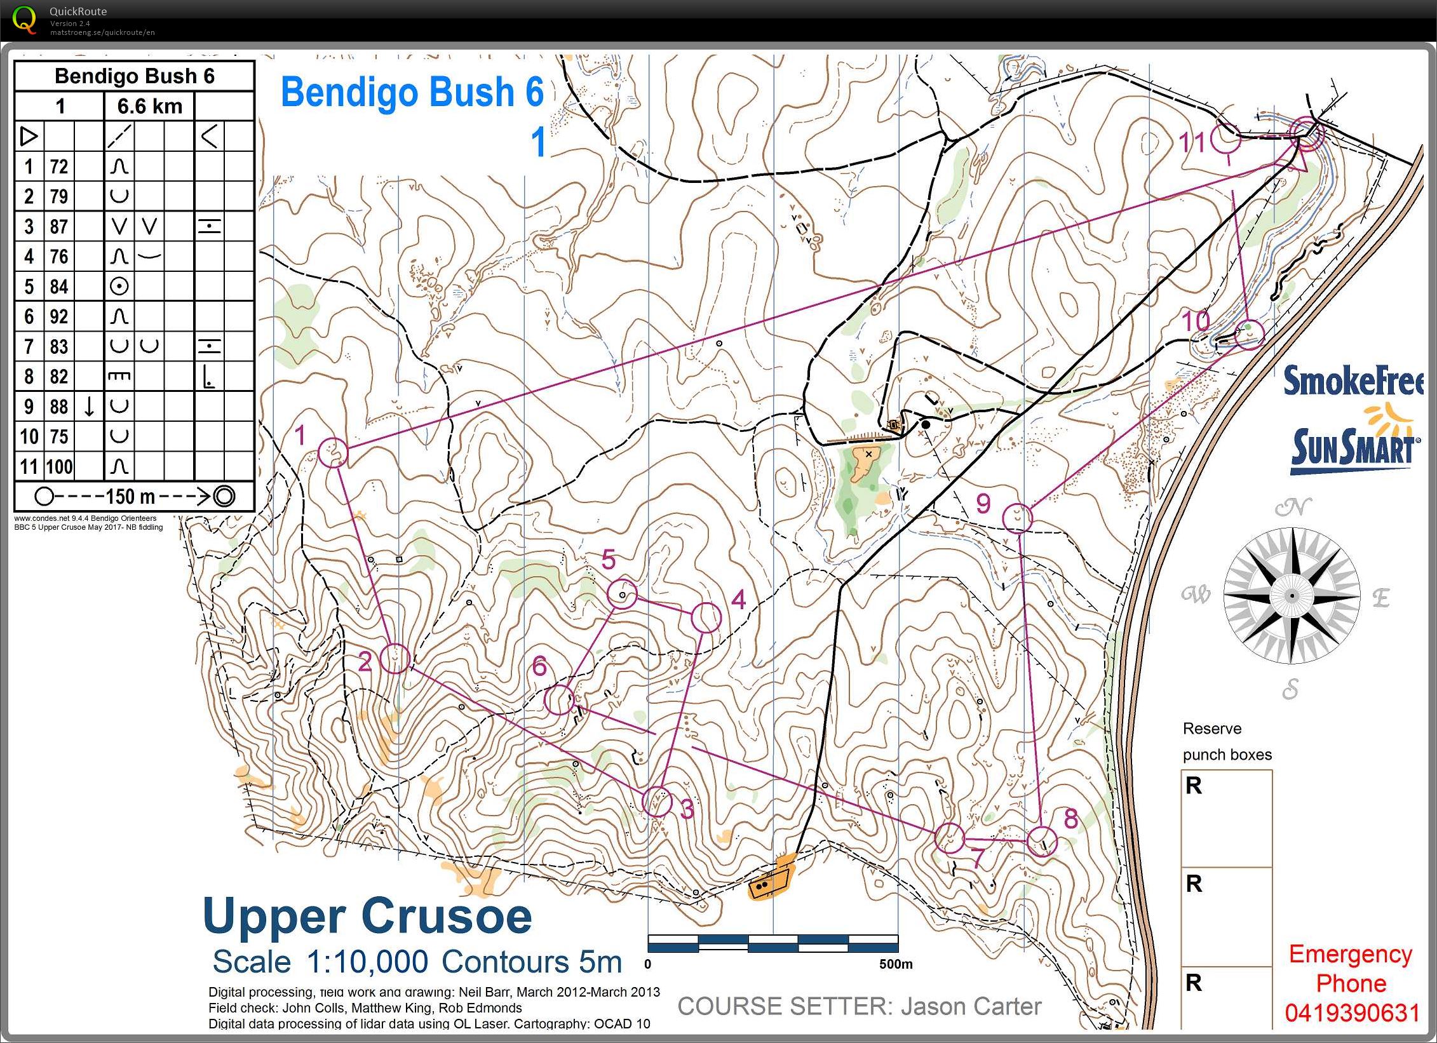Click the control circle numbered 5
[x=622, y=594]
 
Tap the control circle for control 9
[x=1017, y=517]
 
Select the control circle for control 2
[x=395, y=658]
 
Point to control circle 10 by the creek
[x=1249, y=333]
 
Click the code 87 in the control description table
[x=58, y=227]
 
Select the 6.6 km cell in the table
[x=149, y=106]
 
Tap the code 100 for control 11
[x=59, y=467]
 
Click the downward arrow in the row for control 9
[x=90, y=407]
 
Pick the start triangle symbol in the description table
[x=29, y=137]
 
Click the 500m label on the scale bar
[x=895, y=964]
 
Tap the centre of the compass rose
[x=1291, y=596]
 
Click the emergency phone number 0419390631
[x=1352, y=1013]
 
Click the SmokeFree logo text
[x=1353, y=381]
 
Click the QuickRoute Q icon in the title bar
[x=24, y=19]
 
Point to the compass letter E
[x=1380, y=598]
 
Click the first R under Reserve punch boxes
[x=1194, y=786]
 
